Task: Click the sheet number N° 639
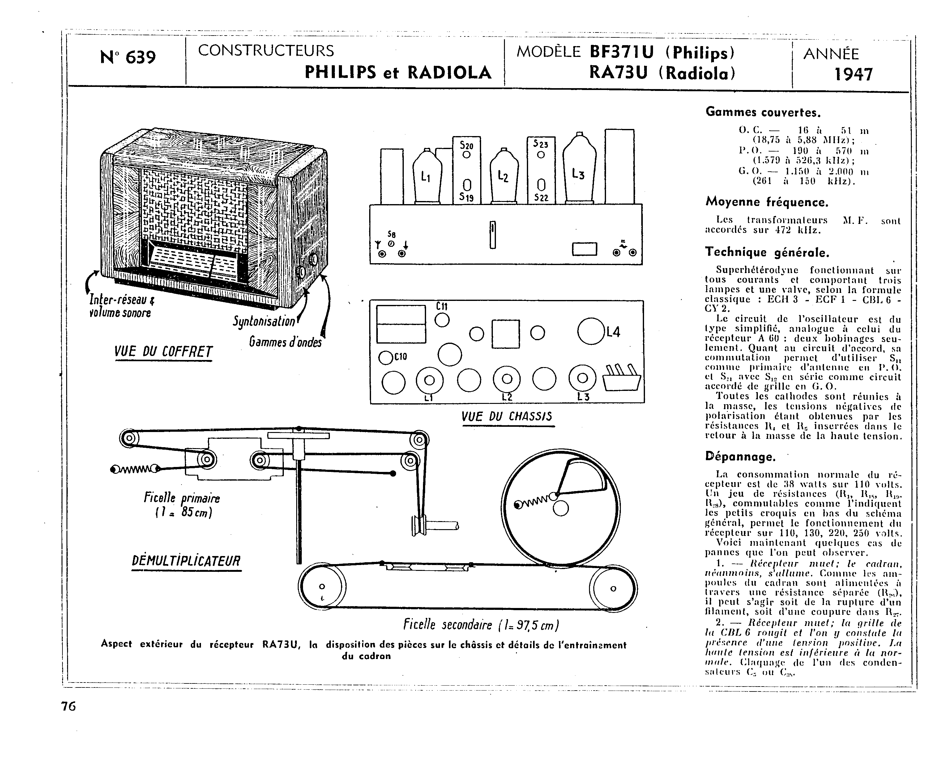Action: click(x=128, y=58)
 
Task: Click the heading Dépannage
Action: click(x=741, y=457)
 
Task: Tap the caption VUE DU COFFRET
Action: click(x=163, y=352)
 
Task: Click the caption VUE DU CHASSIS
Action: click(x=506, y=417)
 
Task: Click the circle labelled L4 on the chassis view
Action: click(x=590, y=331)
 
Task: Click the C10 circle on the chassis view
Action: click(x=386, y=358)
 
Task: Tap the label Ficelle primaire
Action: click(x=181, y=498)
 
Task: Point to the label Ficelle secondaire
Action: click(x=481, y=625)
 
